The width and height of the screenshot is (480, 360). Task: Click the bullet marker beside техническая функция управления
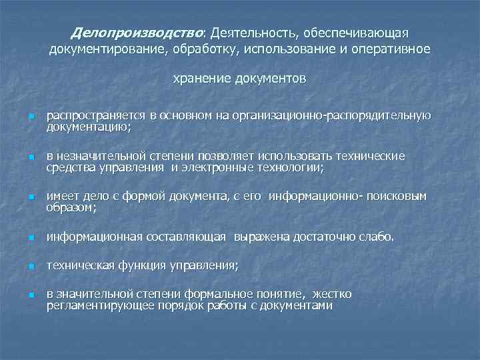[x=31, y=267]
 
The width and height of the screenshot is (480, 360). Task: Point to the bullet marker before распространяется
[x=31, y=117]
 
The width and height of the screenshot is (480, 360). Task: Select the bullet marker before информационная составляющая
[x=31, y=238]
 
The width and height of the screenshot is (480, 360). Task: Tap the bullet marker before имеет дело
[x=31, y=198]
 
